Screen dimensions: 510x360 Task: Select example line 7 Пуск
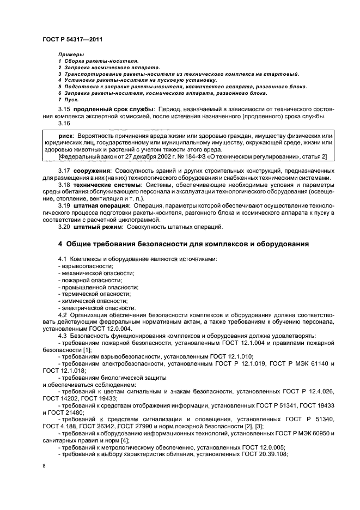point(68,100)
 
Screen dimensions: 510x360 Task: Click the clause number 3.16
point(63,123)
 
